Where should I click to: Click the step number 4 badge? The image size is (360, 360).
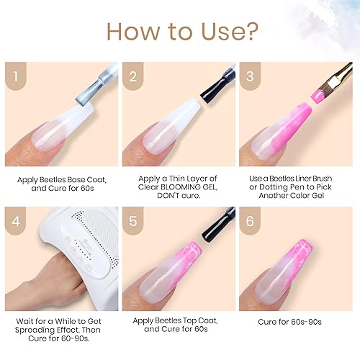coord(14,220)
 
